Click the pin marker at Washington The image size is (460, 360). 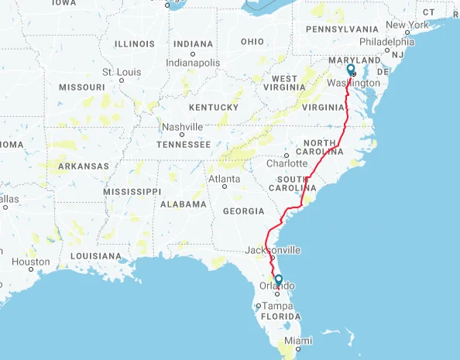pos(351,70)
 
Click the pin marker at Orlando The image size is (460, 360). pos(278,280)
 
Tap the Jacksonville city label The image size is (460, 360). pos(273,250)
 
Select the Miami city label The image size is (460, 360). pos(297,341)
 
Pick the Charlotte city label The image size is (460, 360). pos(287,163)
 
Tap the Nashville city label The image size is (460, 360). pos(182,127)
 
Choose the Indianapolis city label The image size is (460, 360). pos(194,62)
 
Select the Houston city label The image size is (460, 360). pos(31,262)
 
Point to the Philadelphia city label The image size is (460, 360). pos(387,42)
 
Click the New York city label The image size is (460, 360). pos(407,25)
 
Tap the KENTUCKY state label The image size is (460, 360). pos(213,107)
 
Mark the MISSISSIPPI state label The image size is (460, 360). pos(132,191)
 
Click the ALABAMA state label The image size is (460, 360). pos(184,204)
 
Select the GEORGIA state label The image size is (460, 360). pos(243,211)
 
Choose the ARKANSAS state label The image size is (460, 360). pos(84,166)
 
